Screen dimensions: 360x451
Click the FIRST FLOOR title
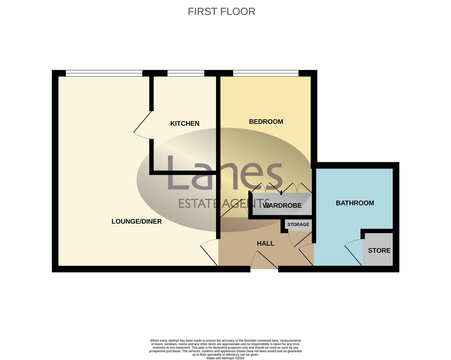(221, 11)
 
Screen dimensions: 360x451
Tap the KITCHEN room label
(185, 124)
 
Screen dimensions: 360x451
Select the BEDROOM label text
(266, 122)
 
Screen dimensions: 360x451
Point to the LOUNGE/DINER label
(136, 221)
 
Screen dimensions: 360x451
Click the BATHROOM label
(355, 203)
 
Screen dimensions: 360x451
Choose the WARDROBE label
(282, 206)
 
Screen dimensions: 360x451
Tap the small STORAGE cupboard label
(298, 225)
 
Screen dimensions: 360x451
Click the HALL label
(265, 244)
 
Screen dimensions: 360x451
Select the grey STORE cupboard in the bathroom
(379, 250)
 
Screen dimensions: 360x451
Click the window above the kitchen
(186, 73)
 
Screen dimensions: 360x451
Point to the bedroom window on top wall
(266, 73)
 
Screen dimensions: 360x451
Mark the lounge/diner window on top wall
(104, 73)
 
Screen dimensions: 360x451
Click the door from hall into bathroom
(306, 255)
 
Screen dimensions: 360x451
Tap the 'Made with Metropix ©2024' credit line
(225, 358)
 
